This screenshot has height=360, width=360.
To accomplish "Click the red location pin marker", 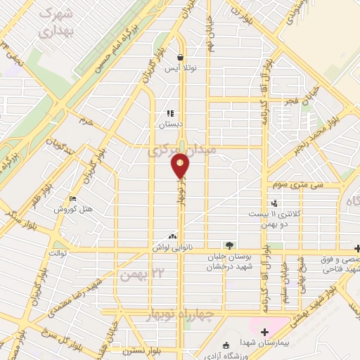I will point(181,167).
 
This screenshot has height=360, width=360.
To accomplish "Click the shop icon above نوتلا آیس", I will point(181,58).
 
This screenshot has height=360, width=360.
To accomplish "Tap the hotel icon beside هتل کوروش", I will point(72,198).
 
